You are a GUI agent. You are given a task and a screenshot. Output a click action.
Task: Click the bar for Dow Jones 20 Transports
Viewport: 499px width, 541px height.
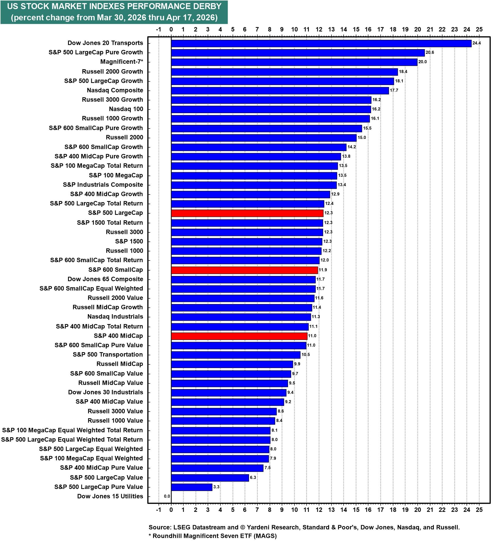point(321,43)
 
